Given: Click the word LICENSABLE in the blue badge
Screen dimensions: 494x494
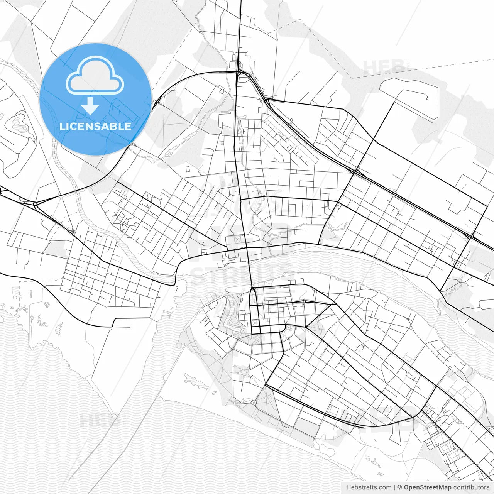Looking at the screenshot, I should click(95, 126).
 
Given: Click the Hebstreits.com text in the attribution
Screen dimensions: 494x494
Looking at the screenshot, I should click(369, 487).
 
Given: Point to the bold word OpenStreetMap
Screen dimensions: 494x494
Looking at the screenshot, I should click(427, 487).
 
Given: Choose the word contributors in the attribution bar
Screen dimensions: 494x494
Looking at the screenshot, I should click(471, 487).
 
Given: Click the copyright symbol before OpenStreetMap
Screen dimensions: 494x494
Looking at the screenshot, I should click(400, 487).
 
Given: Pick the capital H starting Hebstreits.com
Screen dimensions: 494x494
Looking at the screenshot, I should click(349, 487).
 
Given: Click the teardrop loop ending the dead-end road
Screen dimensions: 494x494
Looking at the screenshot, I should click(427, 98).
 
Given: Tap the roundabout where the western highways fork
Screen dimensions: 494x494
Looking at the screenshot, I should click(35, 203).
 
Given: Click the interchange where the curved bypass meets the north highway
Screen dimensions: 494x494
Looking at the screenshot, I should click(238, 72).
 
